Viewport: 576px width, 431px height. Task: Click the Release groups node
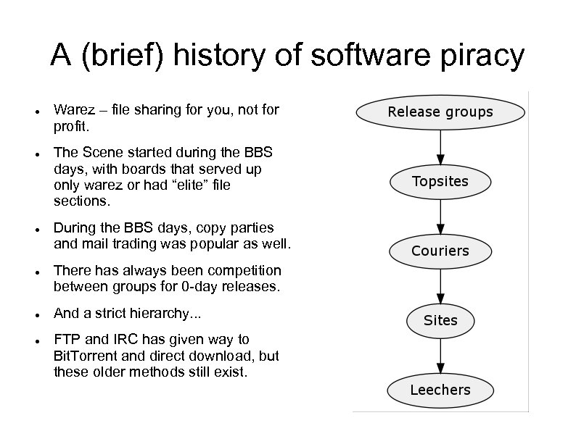tap(440, 112)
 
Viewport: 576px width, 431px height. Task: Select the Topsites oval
tap(440, 181)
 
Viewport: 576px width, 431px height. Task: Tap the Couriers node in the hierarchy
tap(440, 251)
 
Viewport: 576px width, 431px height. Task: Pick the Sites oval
tap(440, 320)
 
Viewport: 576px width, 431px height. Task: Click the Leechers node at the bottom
tap(440, 390)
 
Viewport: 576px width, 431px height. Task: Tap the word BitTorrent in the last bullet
tap(82, 356)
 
